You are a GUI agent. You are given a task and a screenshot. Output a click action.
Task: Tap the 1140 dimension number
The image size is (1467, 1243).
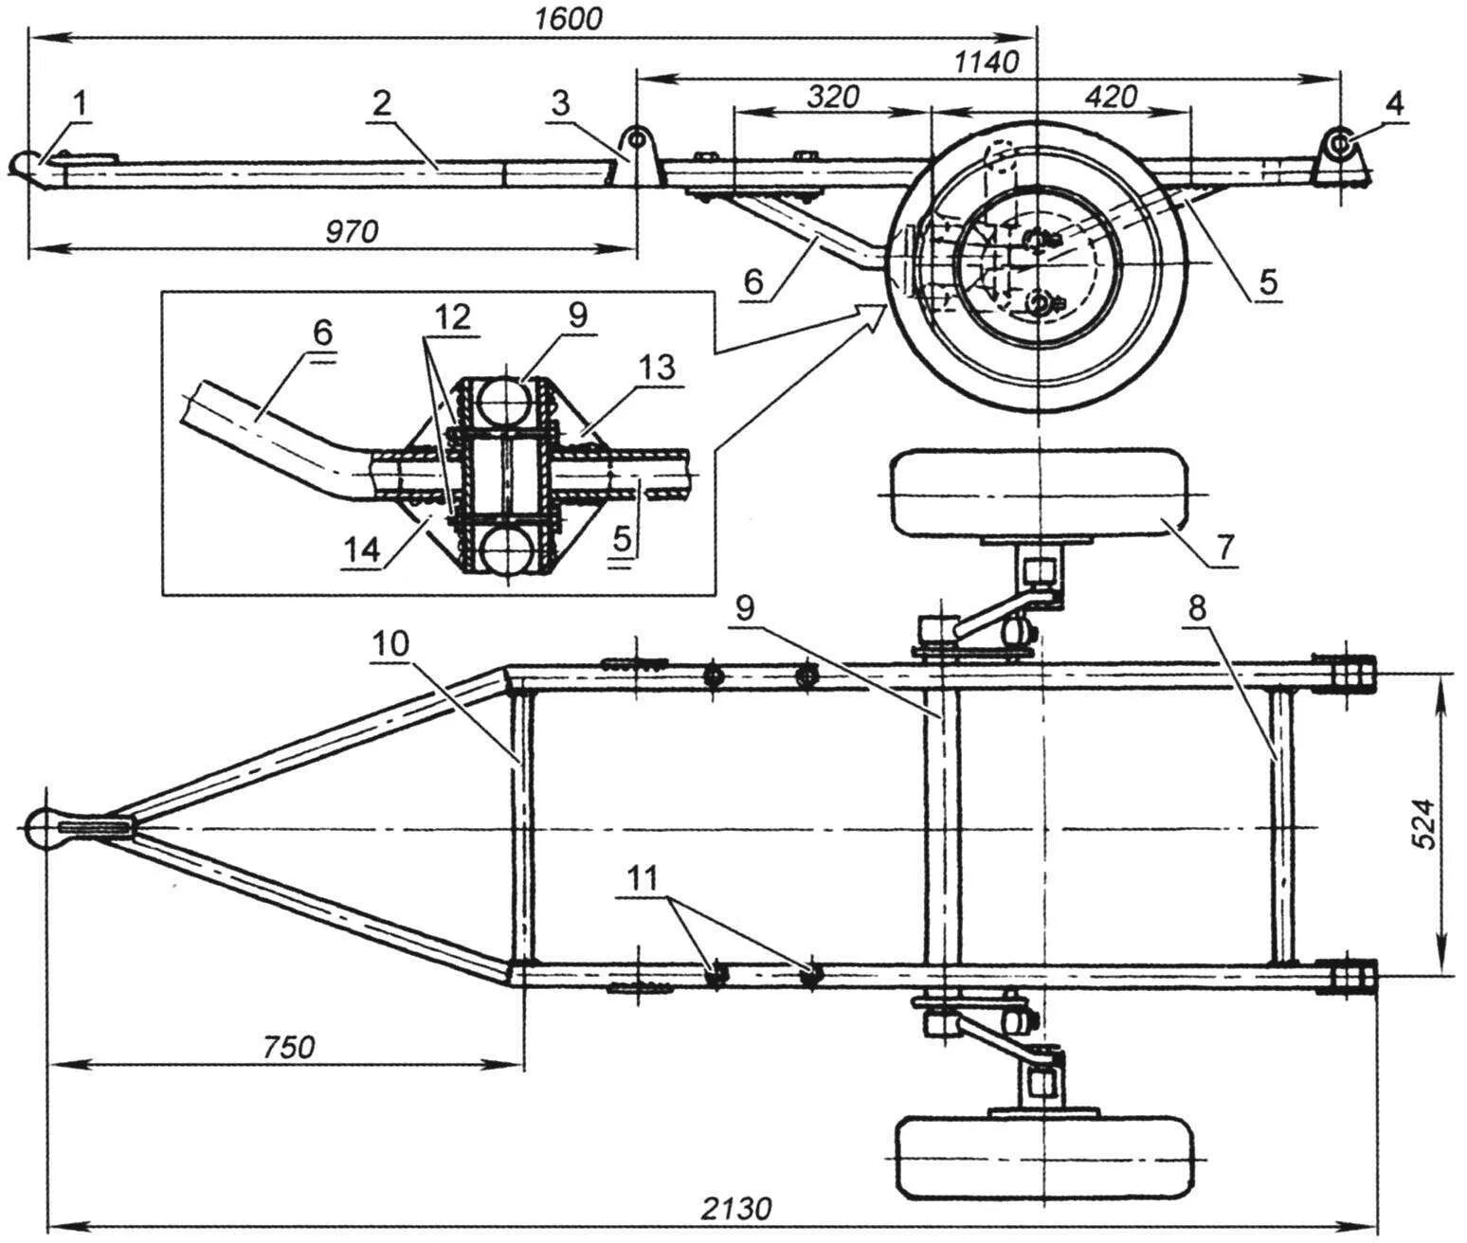click(x=986, y=63)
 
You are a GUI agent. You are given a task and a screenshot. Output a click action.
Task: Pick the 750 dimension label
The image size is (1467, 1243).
click(x=286, y=1047)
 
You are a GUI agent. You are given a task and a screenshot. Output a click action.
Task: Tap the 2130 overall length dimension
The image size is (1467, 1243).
click(x=736, y=1208)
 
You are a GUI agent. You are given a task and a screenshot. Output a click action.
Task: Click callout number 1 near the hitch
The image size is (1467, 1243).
click(x=81, y=105)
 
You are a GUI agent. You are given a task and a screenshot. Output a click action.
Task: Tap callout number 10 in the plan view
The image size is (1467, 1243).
click(x=389, y=644)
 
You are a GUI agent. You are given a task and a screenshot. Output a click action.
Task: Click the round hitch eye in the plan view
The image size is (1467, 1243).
click(x=41, y=827)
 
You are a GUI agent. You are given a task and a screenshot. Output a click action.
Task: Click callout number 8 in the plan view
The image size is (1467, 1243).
click(x=1198, y=609)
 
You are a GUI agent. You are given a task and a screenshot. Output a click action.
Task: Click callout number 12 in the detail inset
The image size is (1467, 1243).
click(x=454, y=317)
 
